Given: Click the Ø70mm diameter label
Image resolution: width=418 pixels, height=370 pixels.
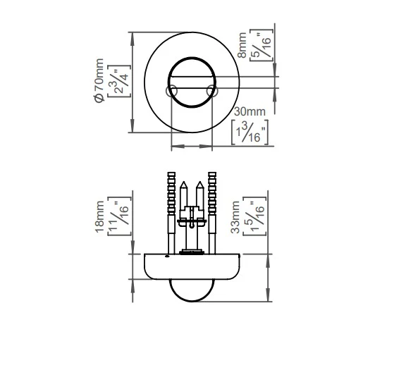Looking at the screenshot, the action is [99, 80].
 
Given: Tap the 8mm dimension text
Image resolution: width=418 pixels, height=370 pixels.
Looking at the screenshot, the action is [242, 45].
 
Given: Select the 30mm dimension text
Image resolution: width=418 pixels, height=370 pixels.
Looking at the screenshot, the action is [250, 111].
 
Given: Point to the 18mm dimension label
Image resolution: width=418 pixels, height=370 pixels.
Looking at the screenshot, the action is [99, 217].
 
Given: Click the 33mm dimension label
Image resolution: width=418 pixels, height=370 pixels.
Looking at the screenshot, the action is [235, 217].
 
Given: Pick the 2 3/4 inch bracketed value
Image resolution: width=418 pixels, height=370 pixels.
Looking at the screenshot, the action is [119, 81].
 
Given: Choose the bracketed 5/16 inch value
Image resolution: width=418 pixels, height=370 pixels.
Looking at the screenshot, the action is [262, 45].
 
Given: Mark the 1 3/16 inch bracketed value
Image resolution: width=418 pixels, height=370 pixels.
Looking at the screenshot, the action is [250, 132].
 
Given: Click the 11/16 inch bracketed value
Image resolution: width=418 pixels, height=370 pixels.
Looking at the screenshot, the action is [120, 216].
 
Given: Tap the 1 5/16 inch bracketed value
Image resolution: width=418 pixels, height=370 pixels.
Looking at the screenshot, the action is [255, 216].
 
